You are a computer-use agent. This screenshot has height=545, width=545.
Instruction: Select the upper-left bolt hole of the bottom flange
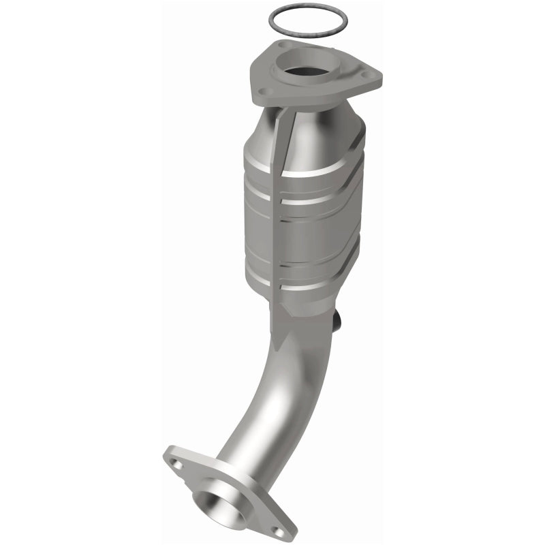click(x=176, y=463)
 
